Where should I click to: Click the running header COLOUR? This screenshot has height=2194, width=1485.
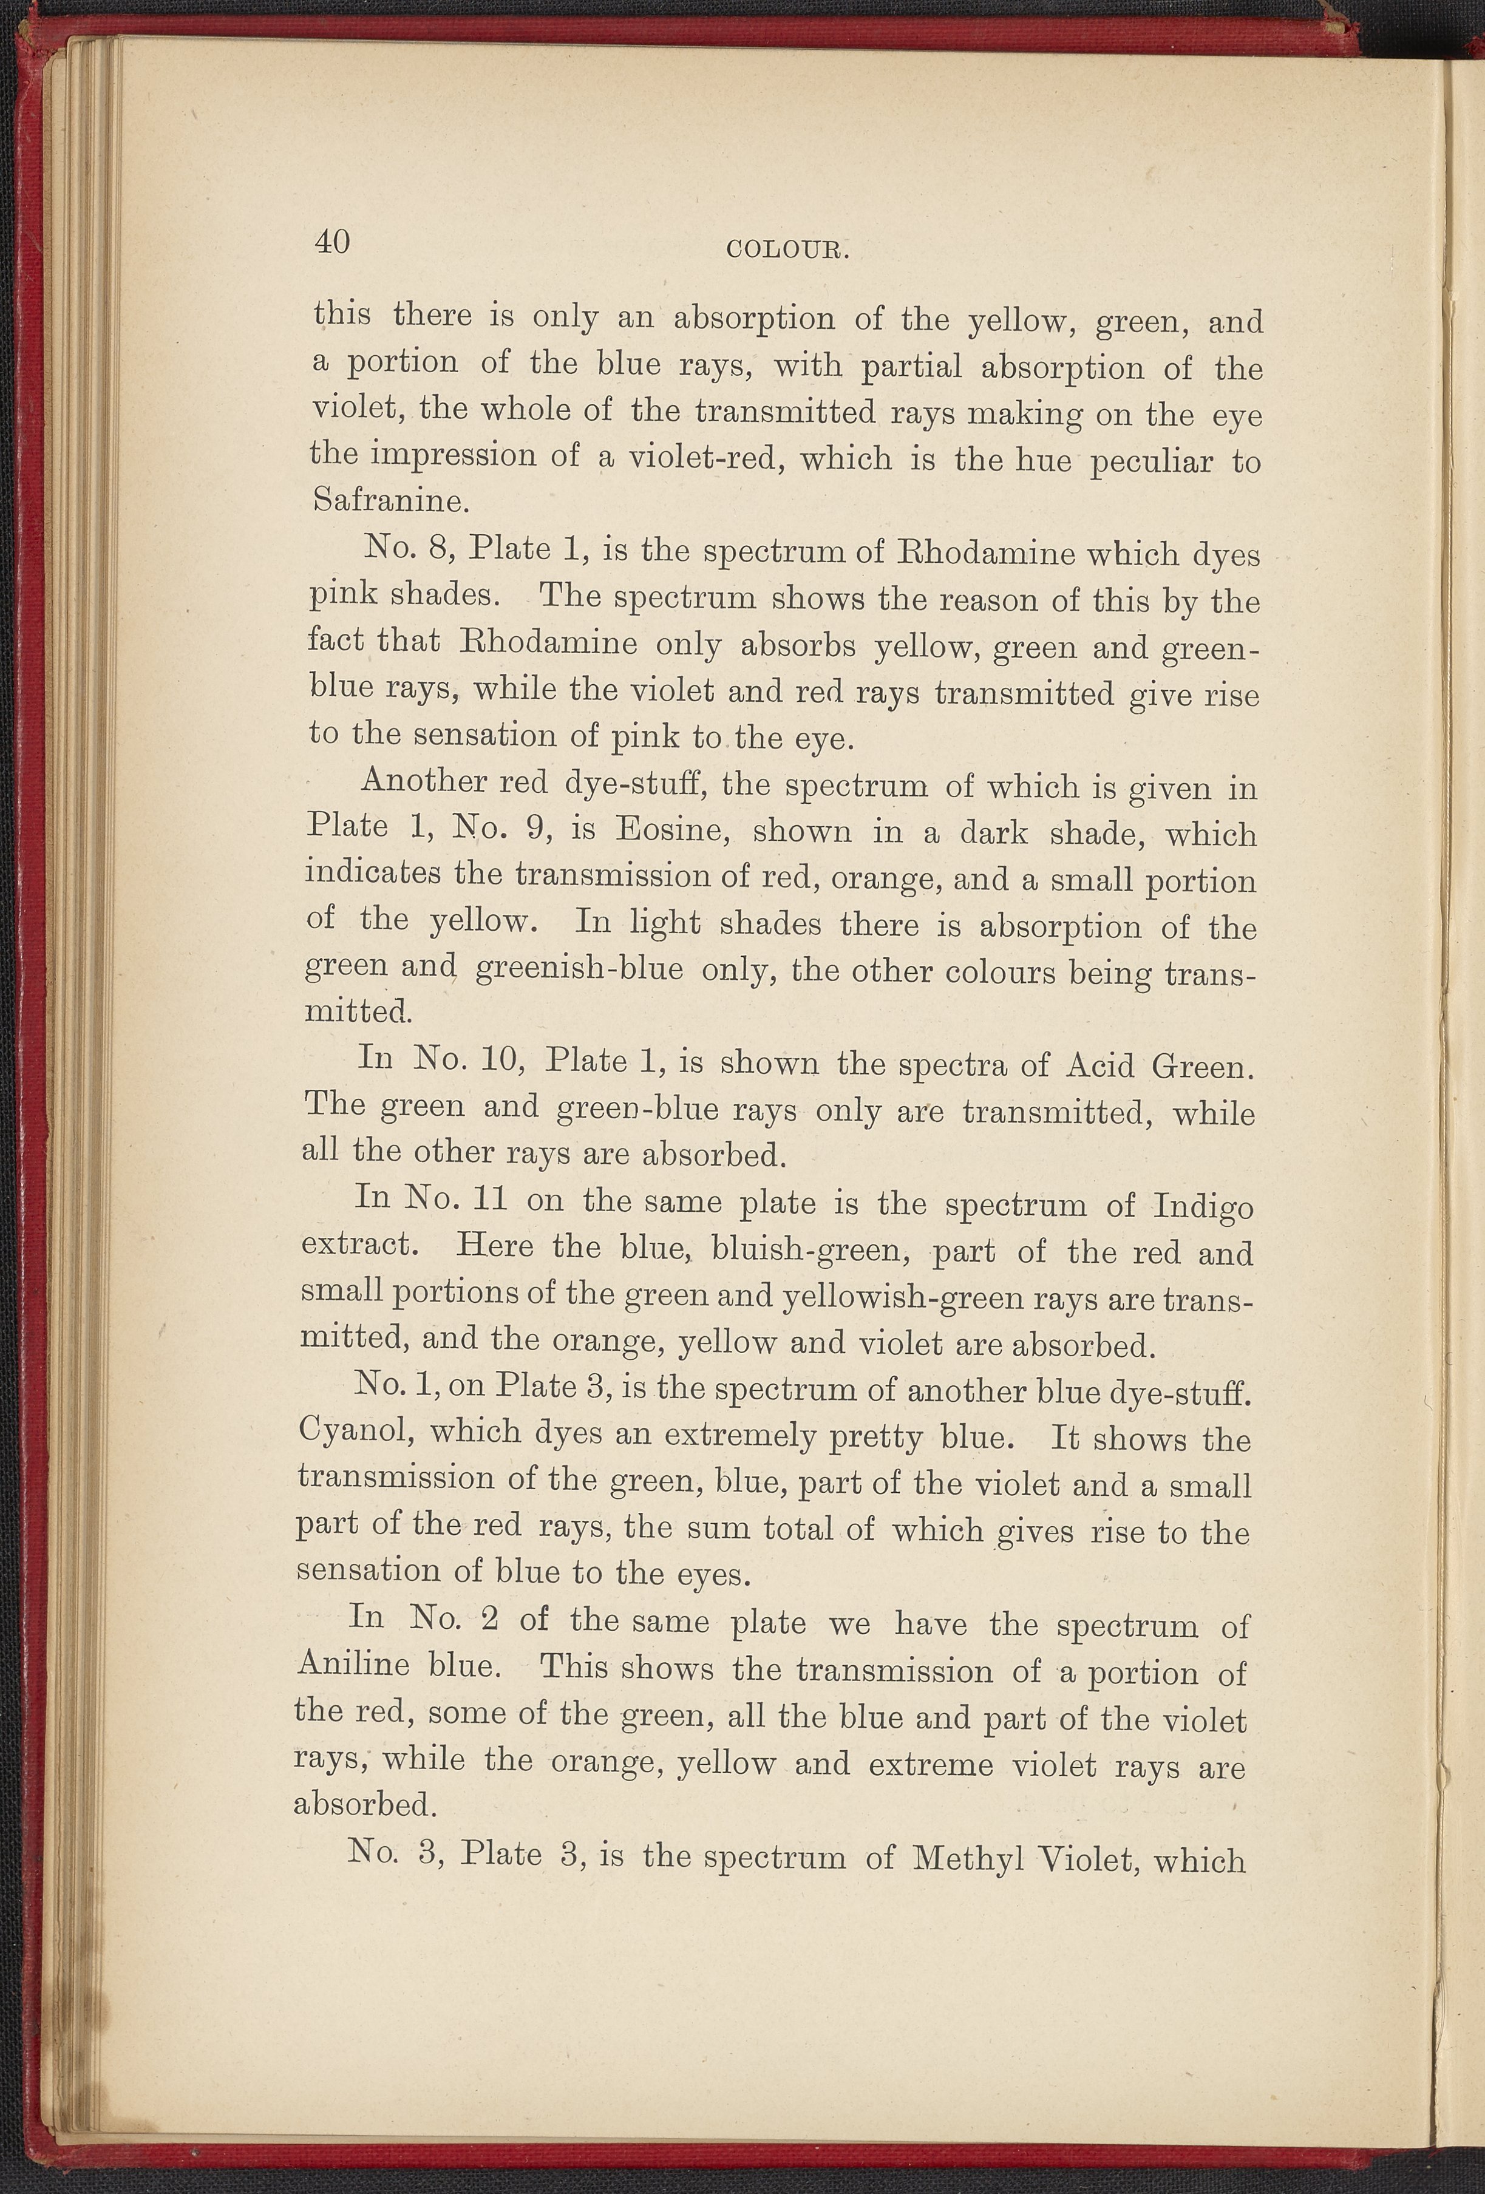(x=790, y=250)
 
